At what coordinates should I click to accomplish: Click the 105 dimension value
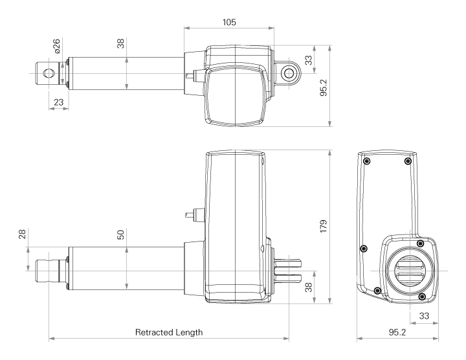[x=229, y=22]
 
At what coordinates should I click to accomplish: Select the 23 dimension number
[x=58, y=102]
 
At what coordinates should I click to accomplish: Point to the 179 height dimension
[x=324, y=226]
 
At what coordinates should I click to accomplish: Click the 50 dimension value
[x=120, y=234]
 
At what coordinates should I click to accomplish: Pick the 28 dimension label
[x=22, y=234]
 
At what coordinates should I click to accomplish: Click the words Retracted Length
[x=169, y=332]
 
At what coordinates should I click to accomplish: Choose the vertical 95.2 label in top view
[x=324, y=87]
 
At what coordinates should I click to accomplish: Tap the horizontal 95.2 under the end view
[x=397, y=332]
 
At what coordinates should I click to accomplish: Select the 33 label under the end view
[x=424, y=316]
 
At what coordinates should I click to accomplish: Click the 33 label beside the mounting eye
[x=309, y=60]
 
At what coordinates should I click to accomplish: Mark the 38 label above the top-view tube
[x=120, y=43]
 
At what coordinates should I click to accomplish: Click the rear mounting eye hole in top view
[x=287, y=73]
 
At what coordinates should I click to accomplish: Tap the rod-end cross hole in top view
[x=47, y=73]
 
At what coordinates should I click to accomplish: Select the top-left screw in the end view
[x=368, y=161]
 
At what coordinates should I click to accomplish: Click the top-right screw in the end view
[x=408, y=161]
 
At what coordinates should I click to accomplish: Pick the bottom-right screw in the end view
[x=421, y=297]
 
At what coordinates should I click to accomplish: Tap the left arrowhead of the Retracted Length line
[x=52, y=338]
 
